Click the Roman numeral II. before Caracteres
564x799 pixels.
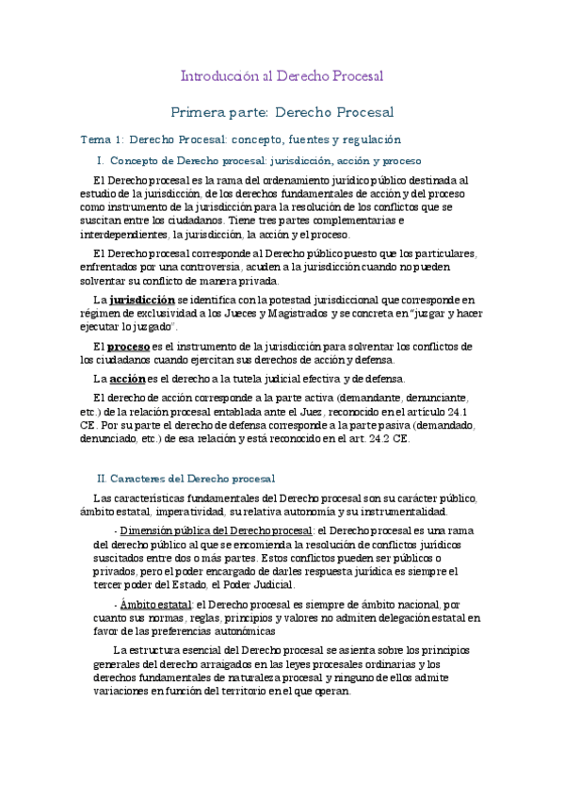pos(104,479)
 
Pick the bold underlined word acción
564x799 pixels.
pos(128,378)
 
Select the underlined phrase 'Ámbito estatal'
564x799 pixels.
pos(154,603)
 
